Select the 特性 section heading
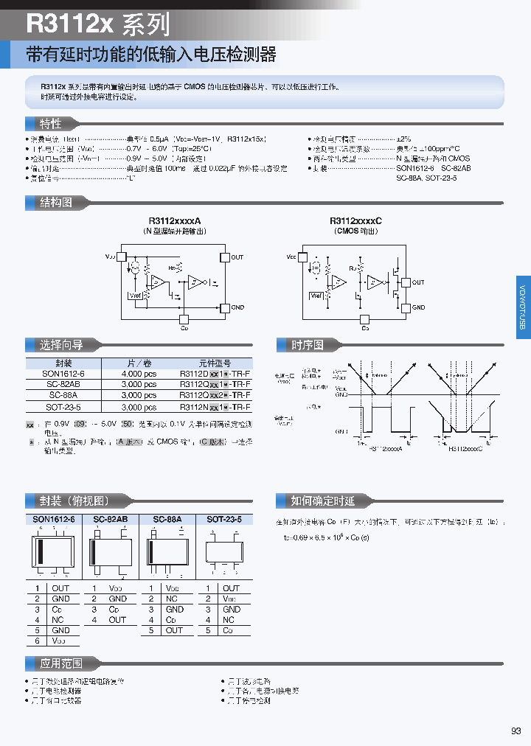tap(50, 123)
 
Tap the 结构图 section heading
tap(56, 202)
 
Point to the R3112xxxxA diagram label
tap(175, 221)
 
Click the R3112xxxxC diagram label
tap(355, 221)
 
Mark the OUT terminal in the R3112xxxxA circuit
tap(237, 257)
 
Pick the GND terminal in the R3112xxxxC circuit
tap(418, 307)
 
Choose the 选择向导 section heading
tap(60, 344)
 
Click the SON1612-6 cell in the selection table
tap(63, 374)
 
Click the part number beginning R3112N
tap(215, 407)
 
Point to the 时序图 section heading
tap(307, 344)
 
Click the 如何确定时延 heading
tap(322, 501)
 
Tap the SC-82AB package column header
tap(111, 519)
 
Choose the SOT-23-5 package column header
tap(224, 519)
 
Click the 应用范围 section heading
tap(60, 663)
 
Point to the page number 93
tap(516, 731)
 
